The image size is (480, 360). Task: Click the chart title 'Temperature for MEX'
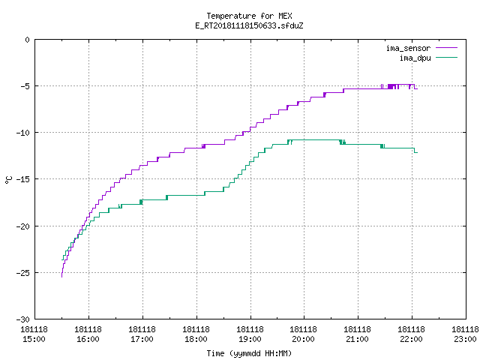pos(249,16)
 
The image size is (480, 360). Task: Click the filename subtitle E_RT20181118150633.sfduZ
pos(249,25)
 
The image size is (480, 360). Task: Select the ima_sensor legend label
pos(408,48)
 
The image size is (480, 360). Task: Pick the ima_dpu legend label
pos(415,58)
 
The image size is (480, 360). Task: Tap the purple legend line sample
pos(447,48)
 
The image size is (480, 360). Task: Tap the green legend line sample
pos(447,57)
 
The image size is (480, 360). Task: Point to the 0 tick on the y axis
pos(28,40)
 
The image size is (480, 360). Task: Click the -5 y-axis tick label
pos(25,86)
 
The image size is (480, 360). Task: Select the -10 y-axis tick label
pos(23,133)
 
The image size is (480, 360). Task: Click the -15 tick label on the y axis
pos(23,179)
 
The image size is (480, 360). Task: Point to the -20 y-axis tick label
pos(23,226)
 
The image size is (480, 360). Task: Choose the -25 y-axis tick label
pos(23,273)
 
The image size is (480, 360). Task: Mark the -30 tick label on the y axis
pos(23,319)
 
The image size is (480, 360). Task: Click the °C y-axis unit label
pos(8,180)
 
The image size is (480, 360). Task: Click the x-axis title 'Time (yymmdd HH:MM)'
pos(249,353)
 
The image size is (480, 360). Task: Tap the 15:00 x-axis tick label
pos(34,339)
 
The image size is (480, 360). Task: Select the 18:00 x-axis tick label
pos(196,339)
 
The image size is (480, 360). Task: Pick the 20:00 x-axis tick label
pos(303,339)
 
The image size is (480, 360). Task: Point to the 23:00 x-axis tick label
pos(465,339)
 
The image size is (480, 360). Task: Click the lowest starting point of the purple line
pos(61,277)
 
